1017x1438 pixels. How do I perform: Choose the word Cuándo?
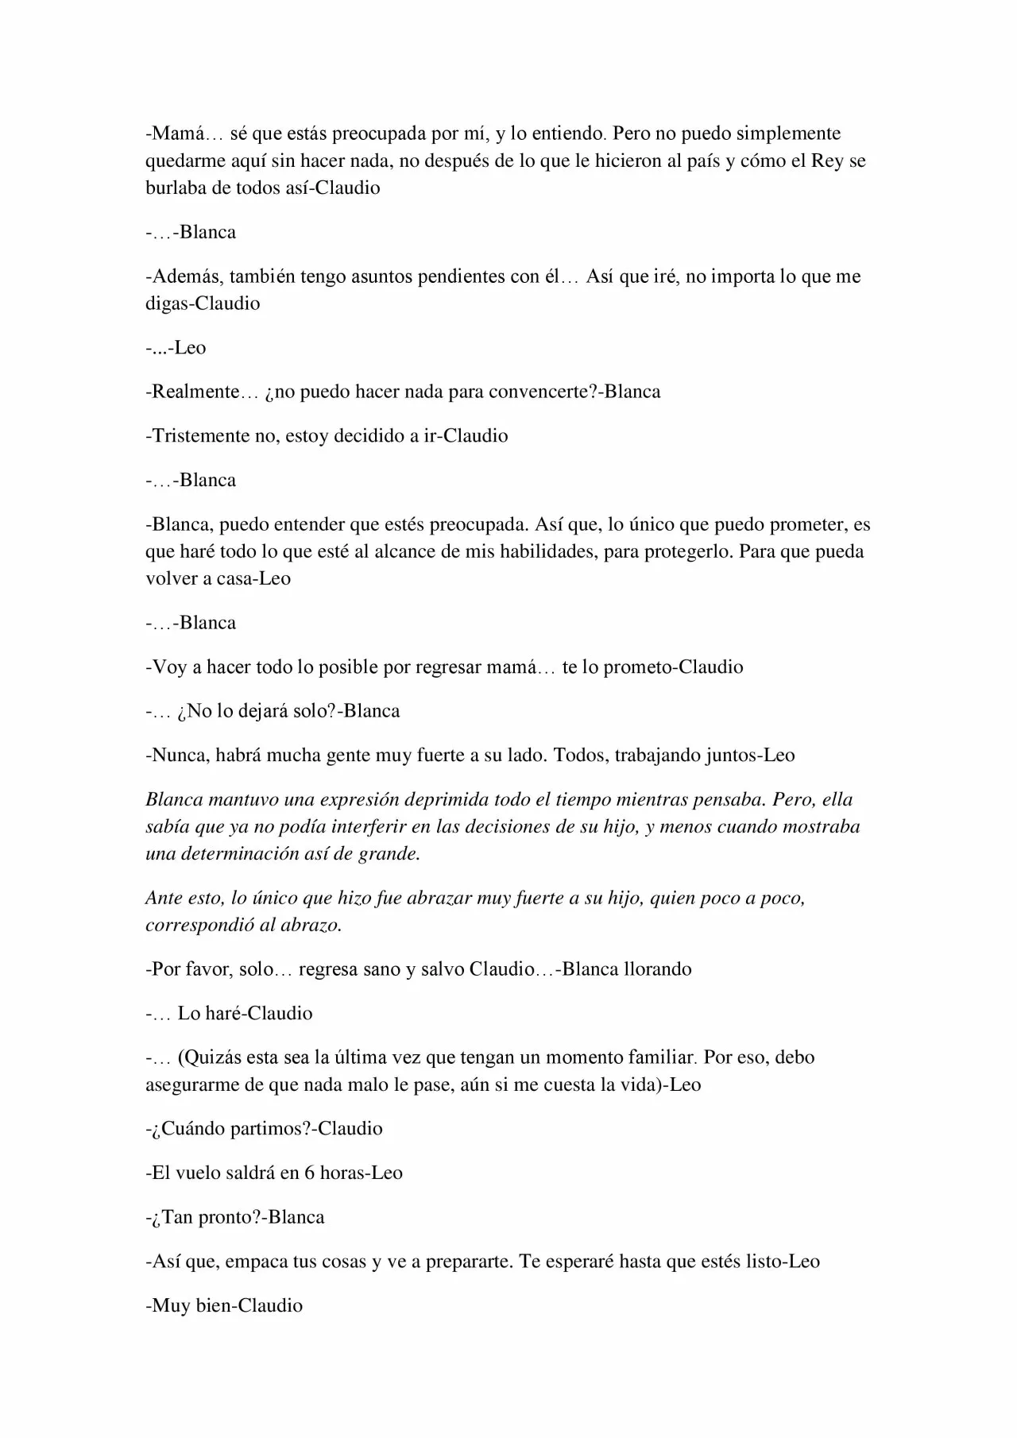click(x=191, y=1129)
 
